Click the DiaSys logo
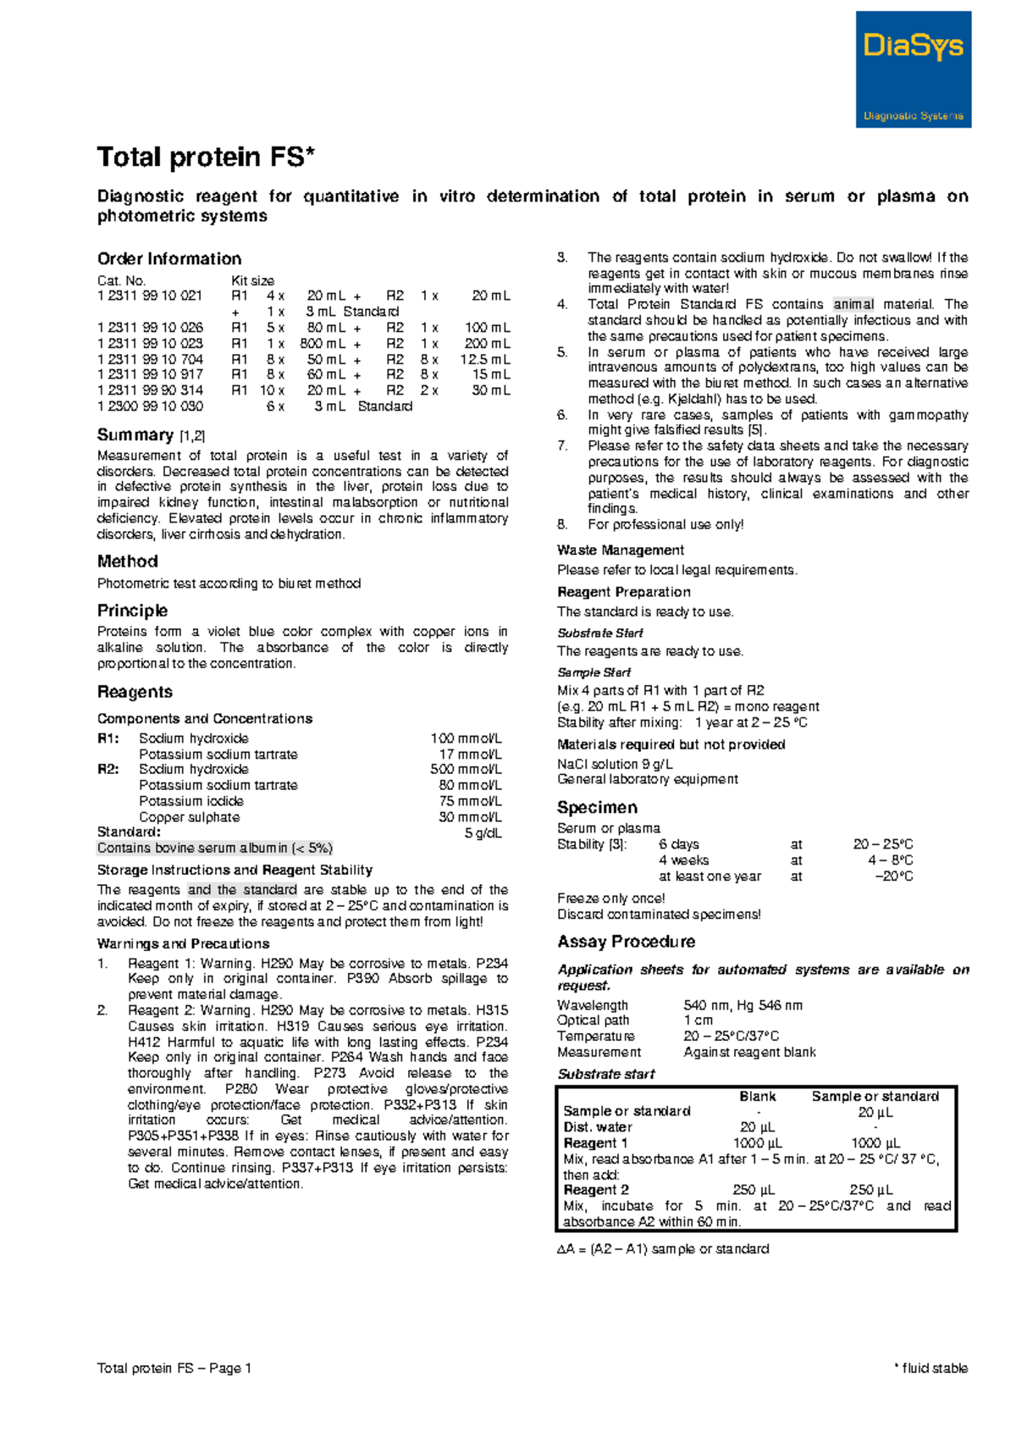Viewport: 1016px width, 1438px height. tap(913, 69)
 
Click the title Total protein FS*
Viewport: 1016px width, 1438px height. tap(206, 158)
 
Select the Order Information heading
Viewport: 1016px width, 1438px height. tap(169, 259)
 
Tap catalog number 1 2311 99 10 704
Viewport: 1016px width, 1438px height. tap(150, 359)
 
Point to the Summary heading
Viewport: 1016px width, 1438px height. tap(135, 435)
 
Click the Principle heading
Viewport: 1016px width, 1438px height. tap(132, 611)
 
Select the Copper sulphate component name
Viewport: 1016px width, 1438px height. tap(190, 817)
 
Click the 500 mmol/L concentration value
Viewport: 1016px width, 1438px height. tap(466, 770)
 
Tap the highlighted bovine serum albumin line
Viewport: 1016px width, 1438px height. tap(215, 849)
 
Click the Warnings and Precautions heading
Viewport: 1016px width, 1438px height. tap(183, 943)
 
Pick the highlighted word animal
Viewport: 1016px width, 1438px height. tap(853, 304)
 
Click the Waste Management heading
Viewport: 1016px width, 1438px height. tap(620, 550)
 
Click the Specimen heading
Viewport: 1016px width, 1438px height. tap(597, 807)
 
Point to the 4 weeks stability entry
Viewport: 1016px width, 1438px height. tap(683, 860)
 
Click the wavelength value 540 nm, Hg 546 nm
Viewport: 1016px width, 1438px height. tap(743, 1005)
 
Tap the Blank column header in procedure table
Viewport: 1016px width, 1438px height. tap(757, 1096)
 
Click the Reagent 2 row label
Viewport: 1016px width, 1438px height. tap(596, 1190)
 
